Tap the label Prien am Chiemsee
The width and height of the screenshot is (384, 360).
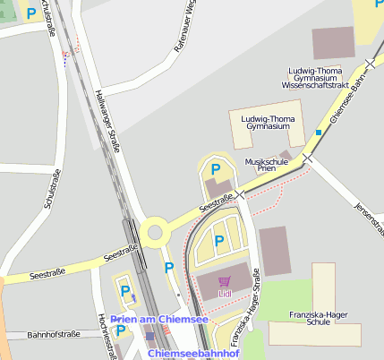click(x=159, y=320)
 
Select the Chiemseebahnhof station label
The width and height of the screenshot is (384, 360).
click(x=193, y=354)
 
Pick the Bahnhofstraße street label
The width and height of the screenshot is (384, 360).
click(x=53, y=334)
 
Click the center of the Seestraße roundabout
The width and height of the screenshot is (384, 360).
click(x=155, y=233)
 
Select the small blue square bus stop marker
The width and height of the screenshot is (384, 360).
click(x=318, y=133)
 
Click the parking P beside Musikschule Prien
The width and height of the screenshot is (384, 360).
click(x=215, y=168)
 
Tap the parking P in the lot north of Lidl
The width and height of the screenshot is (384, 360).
click(x=218, y=239)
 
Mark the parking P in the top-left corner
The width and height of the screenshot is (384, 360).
click(x=31, y=13)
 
